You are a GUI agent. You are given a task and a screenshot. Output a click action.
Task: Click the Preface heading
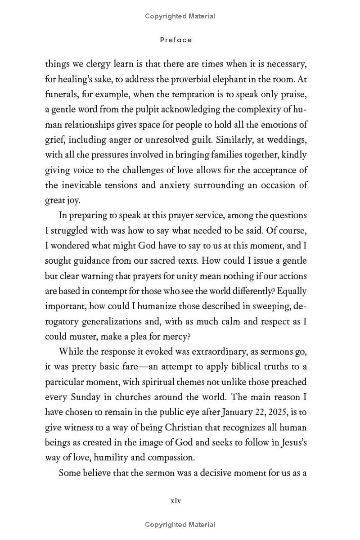coord(176,40)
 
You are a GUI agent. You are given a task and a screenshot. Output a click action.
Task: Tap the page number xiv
coord(175,500)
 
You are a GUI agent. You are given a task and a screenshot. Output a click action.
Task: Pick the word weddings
coord(286,139)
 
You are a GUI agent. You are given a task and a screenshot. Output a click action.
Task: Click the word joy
coord(72,200)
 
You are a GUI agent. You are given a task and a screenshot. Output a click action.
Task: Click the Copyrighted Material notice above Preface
coord(180,16)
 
